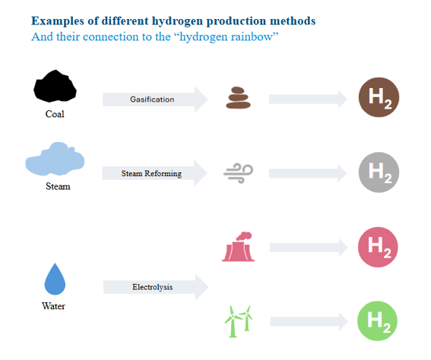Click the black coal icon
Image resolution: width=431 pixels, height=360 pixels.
(55, 87)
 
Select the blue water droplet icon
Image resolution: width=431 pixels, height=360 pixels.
(55, 279)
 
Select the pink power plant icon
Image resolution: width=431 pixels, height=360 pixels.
(237, 247)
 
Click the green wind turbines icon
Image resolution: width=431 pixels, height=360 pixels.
(238, 321)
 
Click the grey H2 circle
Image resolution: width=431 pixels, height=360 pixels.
(379, 173)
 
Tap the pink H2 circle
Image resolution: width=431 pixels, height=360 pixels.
(379, 247)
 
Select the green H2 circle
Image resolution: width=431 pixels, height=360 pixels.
(379, 322)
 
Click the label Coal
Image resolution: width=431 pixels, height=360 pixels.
(55, 115)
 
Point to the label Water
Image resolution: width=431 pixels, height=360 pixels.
(54, 306)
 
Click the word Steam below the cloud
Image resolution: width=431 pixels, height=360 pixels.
(58, 186)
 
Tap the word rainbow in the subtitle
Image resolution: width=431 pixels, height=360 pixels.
(249, 36)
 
